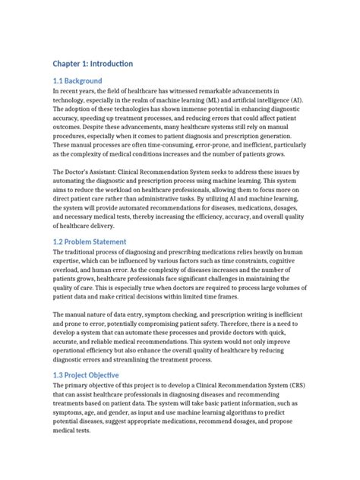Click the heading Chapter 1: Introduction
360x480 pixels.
tap(93, 63)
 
